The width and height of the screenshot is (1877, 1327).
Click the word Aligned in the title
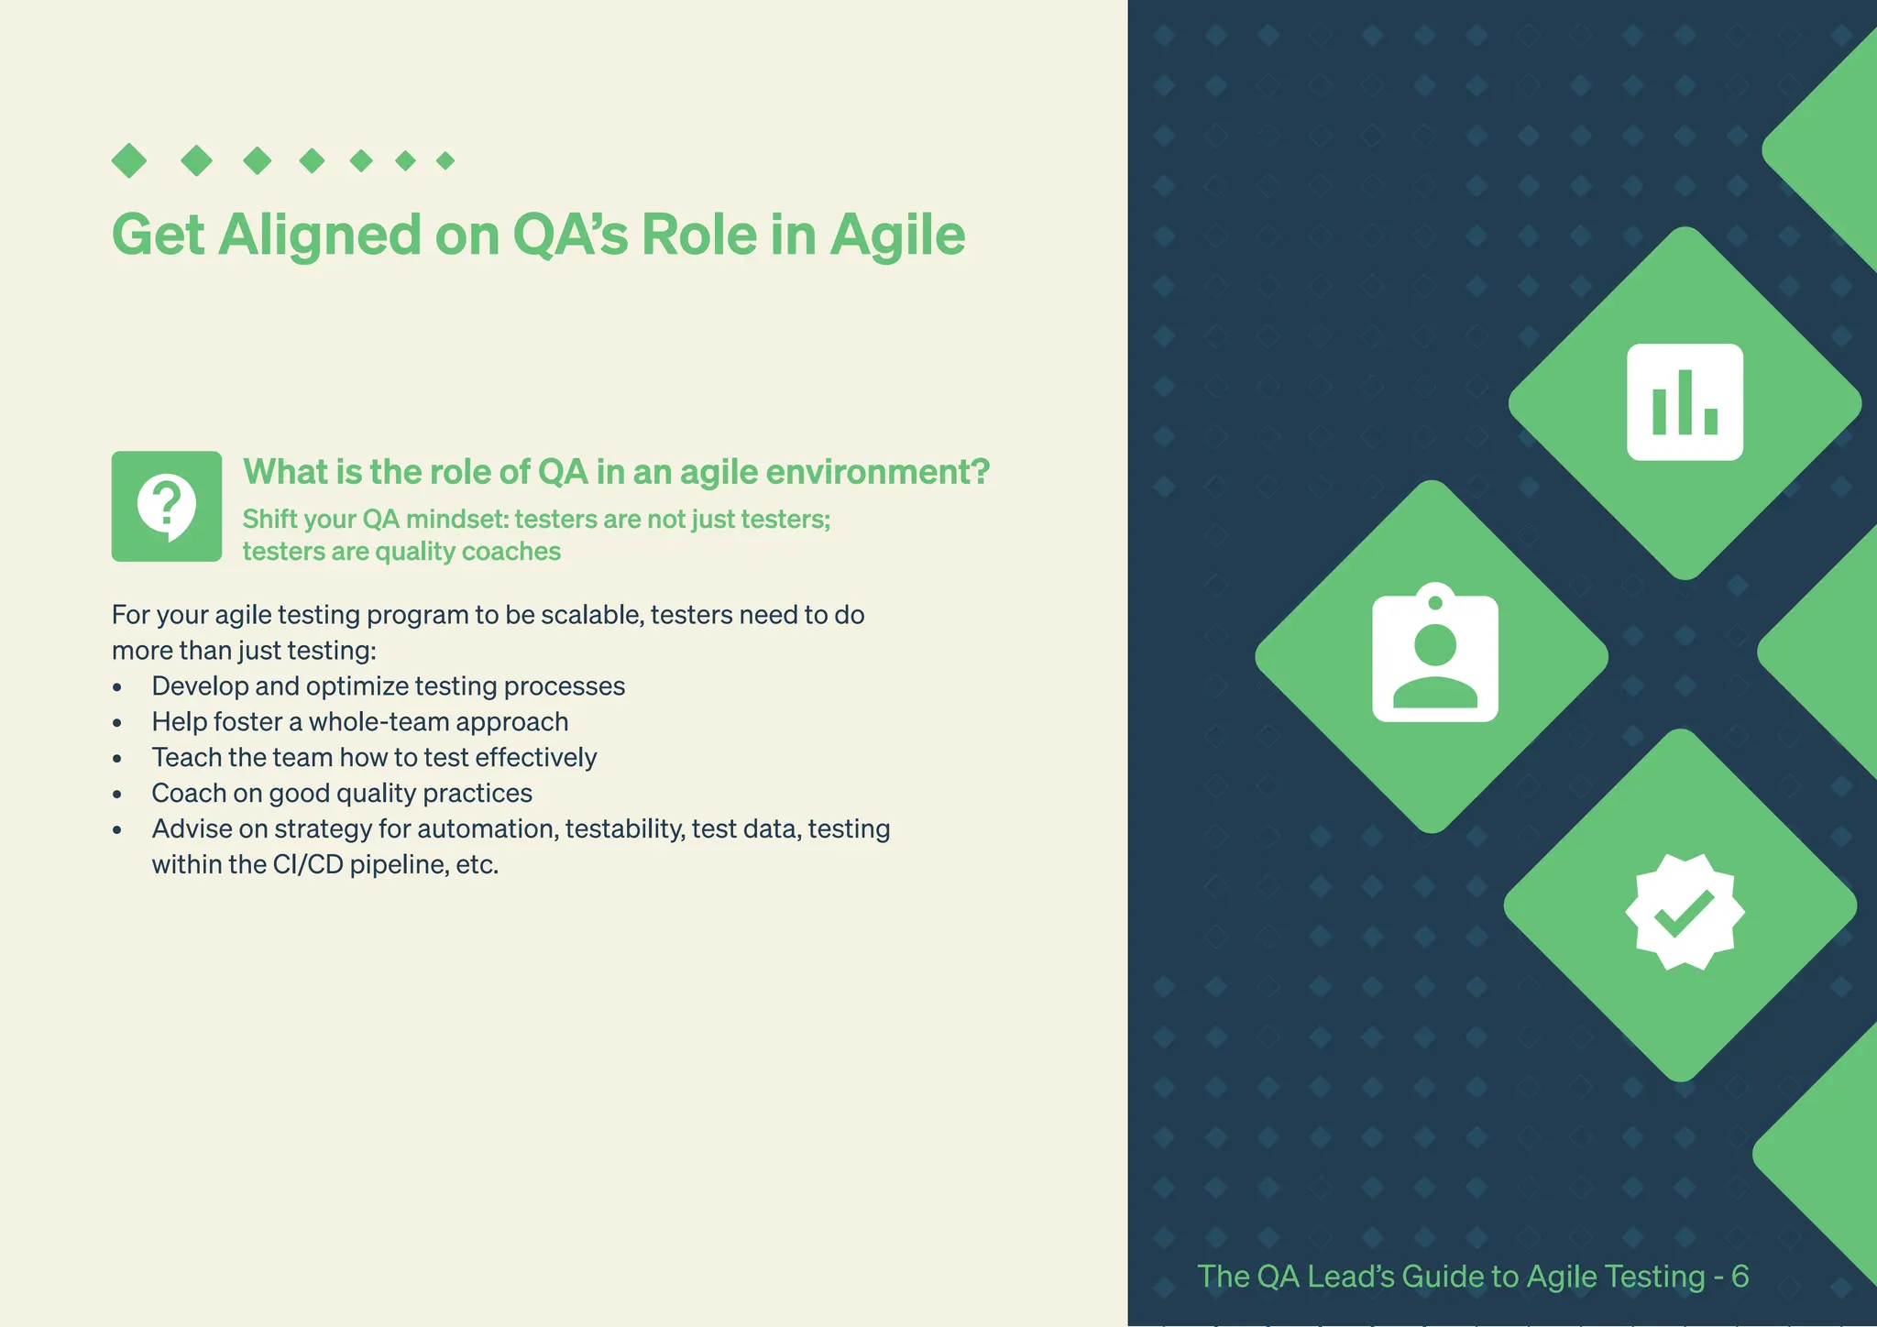click(x=320, y=236)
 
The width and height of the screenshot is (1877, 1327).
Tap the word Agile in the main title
click(x=897, y=236)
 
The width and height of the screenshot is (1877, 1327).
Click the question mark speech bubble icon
click(x=167, y=506)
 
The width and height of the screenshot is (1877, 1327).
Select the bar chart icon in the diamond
click(x=1685, y=402)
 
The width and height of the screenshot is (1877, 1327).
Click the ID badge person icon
click(x=1434, y=653)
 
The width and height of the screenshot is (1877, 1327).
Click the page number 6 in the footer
click(x=1740, y=1276)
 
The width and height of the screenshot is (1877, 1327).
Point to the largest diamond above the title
click(x=129, y=160)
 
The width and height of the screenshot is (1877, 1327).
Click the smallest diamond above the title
click(x=445, y=161)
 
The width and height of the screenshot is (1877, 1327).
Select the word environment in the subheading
click(x=877, y=472)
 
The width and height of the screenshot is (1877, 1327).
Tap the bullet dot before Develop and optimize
click(x=117, y=687)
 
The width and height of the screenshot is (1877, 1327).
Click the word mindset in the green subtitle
click(x=456, y=520)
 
